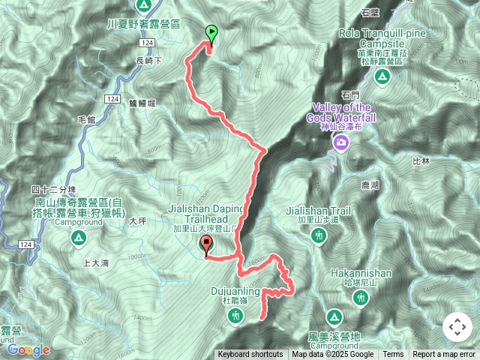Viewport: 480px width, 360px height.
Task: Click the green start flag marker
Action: click(x=211, y=33)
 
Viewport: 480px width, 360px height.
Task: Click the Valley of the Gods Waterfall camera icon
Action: click(x=341, y=142)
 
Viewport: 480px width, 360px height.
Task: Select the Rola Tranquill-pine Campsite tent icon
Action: click(x=382, y=76)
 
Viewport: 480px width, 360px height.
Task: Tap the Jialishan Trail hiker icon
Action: click(x=319, y=236)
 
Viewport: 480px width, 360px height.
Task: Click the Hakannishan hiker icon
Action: click(x=361, y=298)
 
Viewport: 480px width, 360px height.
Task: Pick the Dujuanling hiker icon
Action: click(x=236, y=316)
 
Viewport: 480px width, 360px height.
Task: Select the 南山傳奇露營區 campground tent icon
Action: click(x=78, y=238)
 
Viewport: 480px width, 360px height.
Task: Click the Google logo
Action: click(x=28, y=349)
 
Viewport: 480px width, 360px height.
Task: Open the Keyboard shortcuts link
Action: click(x=250, y=355)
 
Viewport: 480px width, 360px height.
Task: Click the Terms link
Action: click(x=393, y=355)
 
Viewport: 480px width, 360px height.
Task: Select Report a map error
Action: click(x=444, y=355)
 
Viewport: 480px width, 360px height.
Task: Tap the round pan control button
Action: click(x=457, y=327)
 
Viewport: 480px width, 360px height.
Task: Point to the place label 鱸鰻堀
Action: click(x=141, y=103)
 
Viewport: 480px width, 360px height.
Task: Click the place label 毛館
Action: click(x=88, y=120)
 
